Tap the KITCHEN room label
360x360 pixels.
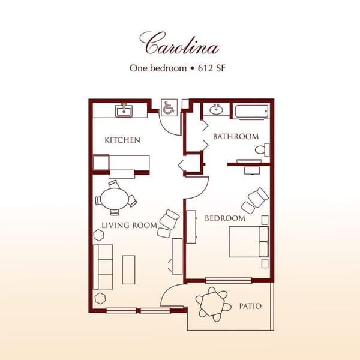122,140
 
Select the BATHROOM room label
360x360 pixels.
236,137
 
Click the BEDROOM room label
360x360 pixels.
225,218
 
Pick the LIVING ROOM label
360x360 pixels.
129,226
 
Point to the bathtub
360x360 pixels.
251,112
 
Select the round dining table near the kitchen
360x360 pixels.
115,197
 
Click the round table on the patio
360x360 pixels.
212,304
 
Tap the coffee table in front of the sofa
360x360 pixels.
128,269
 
